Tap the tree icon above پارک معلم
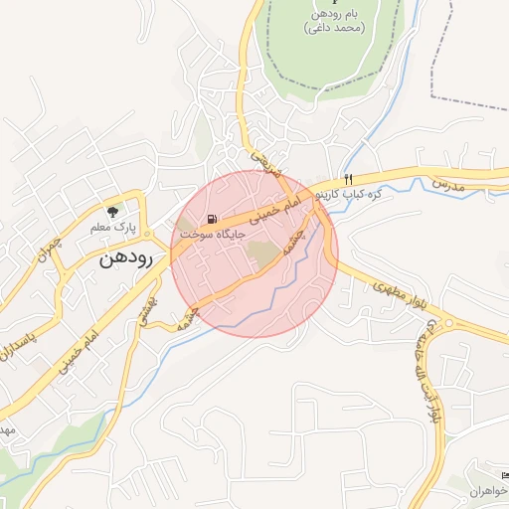coord(112,212)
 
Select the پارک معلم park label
coord(111,228)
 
